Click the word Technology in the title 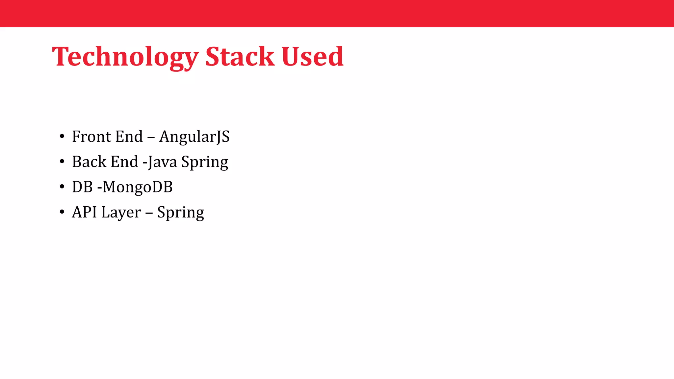click(x=125, y=57)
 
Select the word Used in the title click(x=312, y=57)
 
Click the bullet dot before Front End click(x=62, y=137)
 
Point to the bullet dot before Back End click(x=62, y=162)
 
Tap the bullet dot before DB click(x=62, y=187)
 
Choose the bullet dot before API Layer click(x=62, y=212)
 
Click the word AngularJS click(x=194, y=137)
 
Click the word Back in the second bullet click(x=89, y=162)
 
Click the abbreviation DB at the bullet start click(x=82, y=187)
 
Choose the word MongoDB click(x=138, y=187)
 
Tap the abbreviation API click(x=84, y=212)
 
